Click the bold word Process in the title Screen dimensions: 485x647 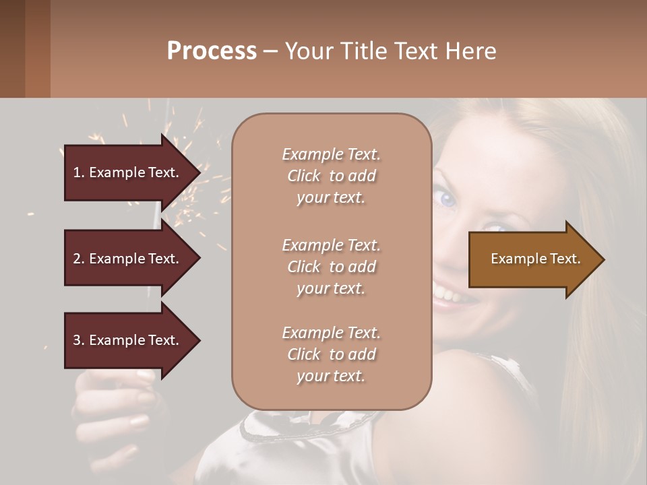212,51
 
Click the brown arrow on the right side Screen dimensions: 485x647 532,259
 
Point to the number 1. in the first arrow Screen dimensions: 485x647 78,172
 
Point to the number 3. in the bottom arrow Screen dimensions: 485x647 78,340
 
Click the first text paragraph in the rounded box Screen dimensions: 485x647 331,176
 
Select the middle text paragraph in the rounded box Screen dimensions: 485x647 331,267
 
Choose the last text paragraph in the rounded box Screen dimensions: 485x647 331,354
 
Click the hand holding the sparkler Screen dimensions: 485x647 115,404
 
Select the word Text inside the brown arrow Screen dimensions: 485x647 565,259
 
